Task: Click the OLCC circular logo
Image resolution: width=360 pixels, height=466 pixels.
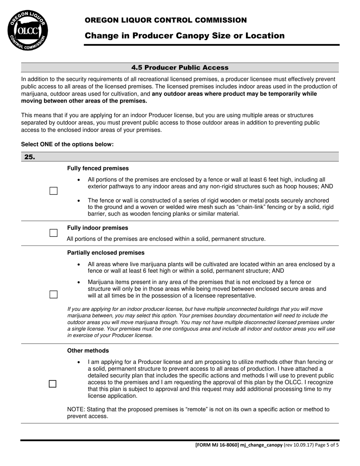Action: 28,30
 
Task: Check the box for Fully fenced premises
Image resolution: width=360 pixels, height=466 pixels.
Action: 53,191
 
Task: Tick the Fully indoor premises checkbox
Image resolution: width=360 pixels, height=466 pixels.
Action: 53,233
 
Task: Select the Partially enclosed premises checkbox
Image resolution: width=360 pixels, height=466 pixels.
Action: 53,294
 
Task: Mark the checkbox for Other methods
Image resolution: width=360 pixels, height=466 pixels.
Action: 53,384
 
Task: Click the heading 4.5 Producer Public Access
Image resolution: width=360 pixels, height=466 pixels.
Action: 180,68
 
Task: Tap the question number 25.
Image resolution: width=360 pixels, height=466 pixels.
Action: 30,157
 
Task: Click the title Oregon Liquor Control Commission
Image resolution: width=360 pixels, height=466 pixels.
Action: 166,20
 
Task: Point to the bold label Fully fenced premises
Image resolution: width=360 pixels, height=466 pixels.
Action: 98,168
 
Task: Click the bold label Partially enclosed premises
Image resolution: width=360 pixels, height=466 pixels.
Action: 106,253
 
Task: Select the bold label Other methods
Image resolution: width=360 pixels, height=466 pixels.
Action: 88,351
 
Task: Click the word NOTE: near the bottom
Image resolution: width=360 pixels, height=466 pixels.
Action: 76,410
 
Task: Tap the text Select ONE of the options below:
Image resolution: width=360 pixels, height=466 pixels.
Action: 67,144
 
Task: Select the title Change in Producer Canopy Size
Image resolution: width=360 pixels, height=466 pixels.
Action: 185,36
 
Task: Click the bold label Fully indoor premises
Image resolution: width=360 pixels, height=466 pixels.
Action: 98,228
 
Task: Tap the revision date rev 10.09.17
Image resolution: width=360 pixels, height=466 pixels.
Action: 299,445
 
